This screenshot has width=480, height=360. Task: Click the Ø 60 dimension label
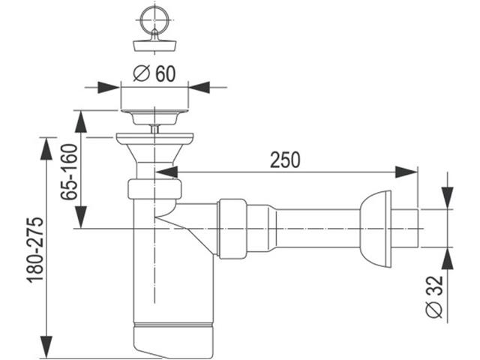(154, 73)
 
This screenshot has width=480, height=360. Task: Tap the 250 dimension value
(285, 160)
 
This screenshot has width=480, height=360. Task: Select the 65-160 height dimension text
(68, 172)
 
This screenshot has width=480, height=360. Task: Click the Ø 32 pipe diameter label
(434, 296)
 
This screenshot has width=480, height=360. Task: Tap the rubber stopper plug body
(155, 45)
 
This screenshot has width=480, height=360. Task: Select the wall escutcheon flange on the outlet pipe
(376, 228)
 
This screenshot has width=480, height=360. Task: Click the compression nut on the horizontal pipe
(232, 228)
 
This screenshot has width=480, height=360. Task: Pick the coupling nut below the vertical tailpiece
(154, 189)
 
